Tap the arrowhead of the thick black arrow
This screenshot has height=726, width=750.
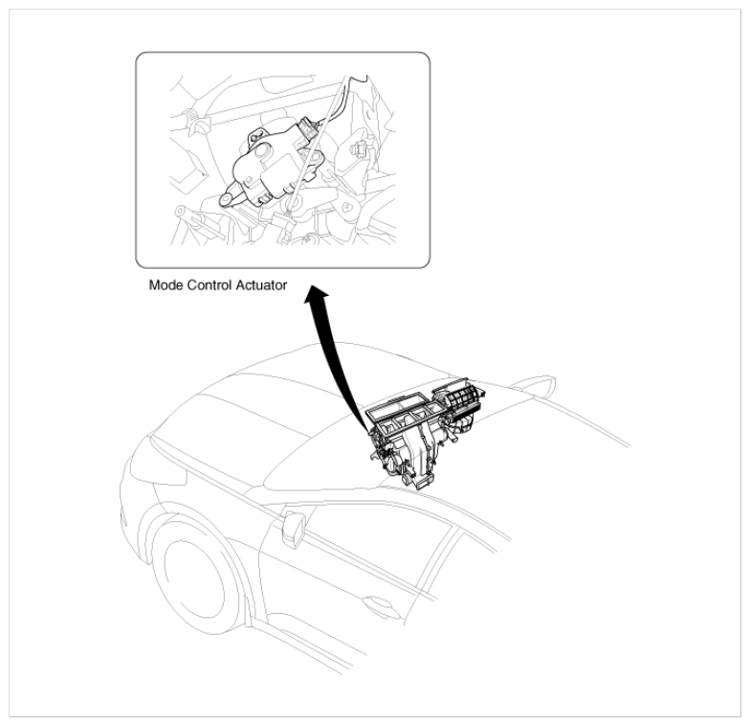[x=317, y=292]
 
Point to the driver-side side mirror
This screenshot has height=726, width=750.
[x=293, y=529]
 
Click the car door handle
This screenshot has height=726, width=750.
[x=377, y=603]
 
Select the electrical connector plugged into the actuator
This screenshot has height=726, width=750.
[x=308, y=129]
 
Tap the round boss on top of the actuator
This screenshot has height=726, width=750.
[x=262, y=152]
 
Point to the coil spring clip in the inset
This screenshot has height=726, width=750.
[x=192, y=116]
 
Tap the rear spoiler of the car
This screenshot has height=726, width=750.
[x=534, y=386]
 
